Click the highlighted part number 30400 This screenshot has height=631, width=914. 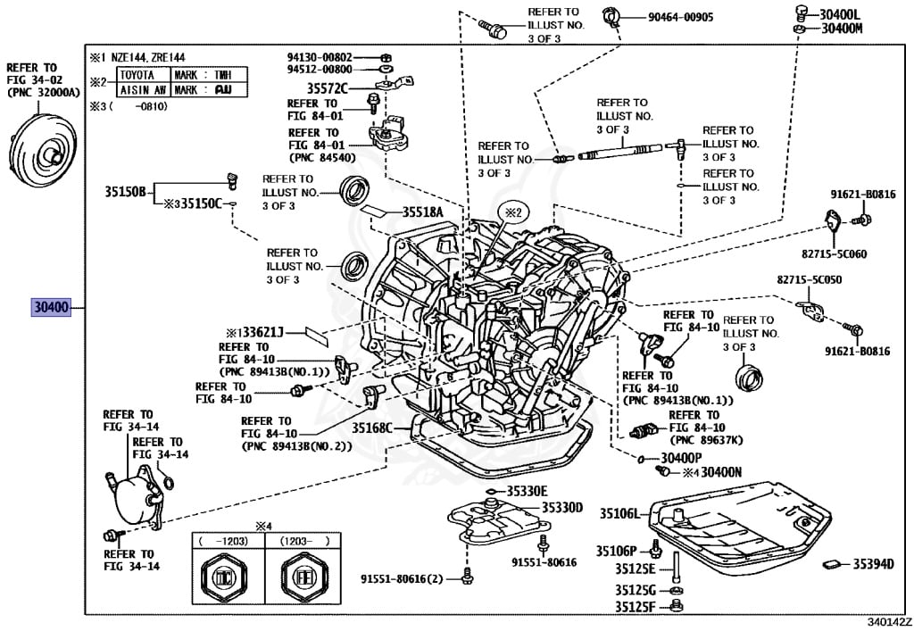point(51,308)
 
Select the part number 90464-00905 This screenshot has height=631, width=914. point(669,17)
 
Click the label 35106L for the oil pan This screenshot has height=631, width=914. point(619,513)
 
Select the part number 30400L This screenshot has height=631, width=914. point(841,13)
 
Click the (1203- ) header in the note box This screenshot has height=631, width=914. point(298,541)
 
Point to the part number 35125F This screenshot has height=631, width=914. point(635,607)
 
